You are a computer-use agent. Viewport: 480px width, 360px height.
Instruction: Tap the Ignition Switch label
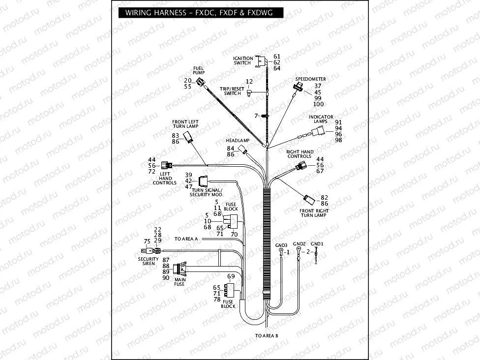point(242,60)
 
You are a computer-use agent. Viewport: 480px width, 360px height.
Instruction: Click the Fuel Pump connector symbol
point(200,82)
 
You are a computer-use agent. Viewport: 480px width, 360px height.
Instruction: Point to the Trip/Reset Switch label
point(232,91)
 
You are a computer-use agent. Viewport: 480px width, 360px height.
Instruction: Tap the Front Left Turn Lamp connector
point(188,137)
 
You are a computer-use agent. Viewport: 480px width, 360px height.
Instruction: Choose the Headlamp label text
point(238,141)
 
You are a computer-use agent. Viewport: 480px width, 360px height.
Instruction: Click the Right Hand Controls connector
point(301,166)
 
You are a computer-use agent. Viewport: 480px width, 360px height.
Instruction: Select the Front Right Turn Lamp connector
point(309,199)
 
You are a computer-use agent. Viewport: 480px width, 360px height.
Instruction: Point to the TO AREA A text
point(186,239)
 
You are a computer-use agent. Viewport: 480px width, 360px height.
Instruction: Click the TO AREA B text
point(267,336)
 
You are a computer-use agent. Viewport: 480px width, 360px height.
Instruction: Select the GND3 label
point(281,244)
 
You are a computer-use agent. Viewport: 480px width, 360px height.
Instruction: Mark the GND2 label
point(300,243)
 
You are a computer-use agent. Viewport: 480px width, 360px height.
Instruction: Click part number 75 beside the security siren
point(147,241)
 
